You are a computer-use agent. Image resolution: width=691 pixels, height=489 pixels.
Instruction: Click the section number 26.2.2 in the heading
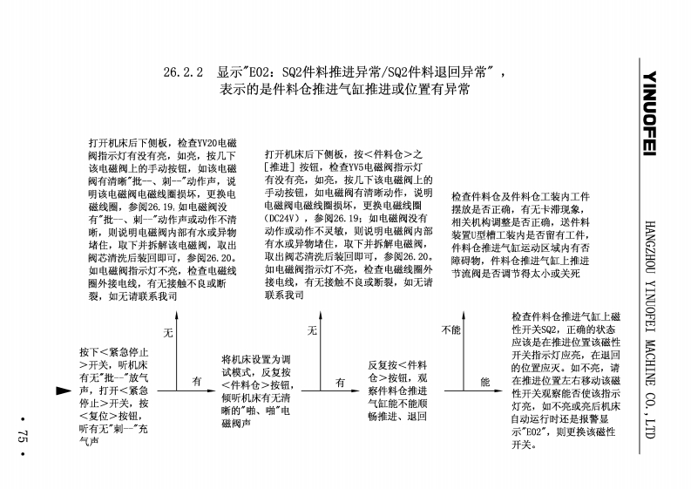tap(183, 74)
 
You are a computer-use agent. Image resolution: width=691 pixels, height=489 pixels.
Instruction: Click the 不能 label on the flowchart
tap(450, 331)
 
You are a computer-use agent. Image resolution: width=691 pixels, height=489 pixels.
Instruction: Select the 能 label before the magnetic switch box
tap(485, 382)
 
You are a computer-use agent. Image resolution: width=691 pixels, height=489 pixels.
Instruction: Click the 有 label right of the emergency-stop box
tap(197, 382)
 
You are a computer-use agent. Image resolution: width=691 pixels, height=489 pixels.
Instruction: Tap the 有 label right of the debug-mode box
tap(341, 382)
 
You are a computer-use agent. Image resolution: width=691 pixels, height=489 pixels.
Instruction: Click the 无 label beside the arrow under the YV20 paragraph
tap(169, 332)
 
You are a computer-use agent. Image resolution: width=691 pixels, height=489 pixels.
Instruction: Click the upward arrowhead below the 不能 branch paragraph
tap(462, 310)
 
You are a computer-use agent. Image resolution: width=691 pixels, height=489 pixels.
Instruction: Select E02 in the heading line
tap(262, 74)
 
